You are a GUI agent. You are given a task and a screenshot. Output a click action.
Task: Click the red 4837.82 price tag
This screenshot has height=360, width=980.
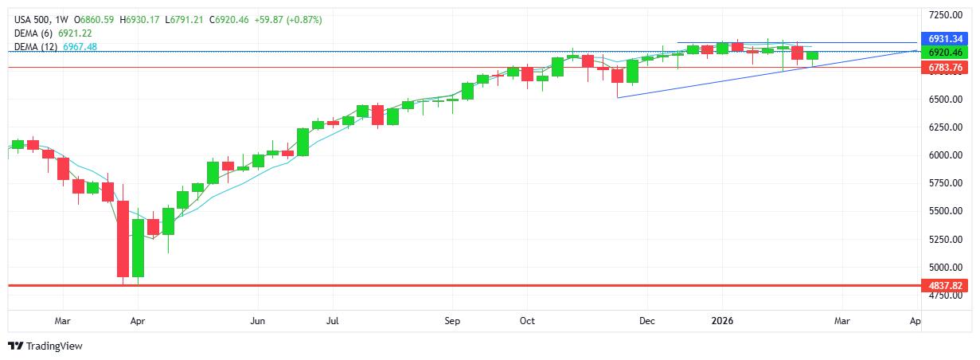point(945,285)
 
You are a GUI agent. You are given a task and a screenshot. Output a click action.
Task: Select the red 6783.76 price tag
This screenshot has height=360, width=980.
point(945,68)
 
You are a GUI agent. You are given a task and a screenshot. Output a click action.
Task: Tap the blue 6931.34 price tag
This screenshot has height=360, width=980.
point(945,38)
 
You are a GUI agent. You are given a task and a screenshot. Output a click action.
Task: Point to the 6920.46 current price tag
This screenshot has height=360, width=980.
point(945,52)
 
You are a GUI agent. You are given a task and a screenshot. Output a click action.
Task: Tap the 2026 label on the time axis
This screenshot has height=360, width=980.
point(722,321)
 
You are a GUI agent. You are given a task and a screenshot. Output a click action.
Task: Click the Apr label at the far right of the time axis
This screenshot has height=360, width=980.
point(915,321)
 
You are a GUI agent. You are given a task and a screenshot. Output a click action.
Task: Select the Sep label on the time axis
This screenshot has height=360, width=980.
point(452,321)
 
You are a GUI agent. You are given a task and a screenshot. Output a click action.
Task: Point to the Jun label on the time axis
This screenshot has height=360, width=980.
point(257,321)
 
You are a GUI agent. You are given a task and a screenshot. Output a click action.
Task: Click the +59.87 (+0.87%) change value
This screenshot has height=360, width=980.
point(289,18)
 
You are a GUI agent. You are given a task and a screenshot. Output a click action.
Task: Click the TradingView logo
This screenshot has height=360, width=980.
point(45,346)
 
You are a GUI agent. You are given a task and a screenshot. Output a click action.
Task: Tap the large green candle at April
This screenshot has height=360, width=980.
point(139,248)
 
